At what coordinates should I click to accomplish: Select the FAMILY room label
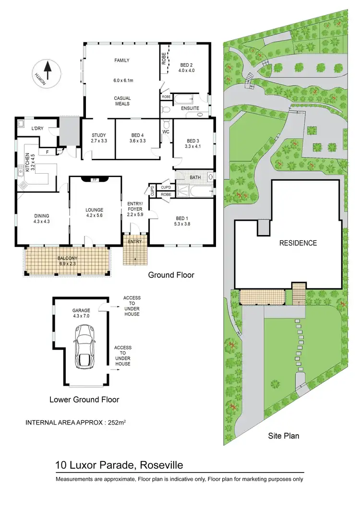[122, 60]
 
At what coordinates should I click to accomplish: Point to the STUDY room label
[98, 135]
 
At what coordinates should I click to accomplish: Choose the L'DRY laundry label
[37, 129]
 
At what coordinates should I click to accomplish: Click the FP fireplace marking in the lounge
[95, 180]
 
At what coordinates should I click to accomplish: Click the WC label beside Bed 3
[166, 131]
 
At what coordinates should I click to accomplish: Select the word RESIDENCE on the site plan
[298, 243]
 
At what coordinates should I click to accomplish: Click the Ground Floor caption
[171, 275]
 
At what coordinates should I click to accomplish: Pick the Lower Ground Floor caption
[84, 399]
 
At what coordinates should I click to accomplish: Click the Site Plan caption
[283, 436]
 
